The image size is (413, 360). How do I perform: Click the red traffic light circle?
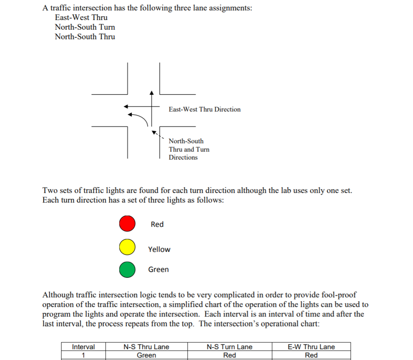pos(127,223)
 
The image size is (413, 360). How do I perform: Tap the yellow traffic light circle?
pos(127,247)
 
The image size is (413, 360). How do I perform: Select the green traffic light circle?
pos(127,270)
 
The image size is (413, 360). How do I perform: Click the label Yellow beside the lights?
pos(159,249)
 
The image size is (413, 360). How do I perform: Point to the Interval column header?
pos(83,347)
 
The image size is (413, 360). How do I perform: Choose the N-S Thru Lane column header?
pos(146,347)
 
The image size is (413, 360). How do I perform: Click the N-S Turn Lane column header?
pos(229,347)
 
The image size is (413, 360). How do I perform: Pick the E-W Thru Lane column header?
pos(311,347)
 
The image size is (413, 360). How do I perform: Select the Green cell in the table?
pos(146,355)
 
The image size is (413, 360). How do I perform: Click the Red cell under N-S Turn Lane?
pos(229,355)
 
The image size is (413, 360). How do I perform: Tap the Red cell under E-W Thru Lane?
pos(311,355)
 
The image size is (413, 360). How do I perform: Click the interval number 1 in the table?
pos(83,355)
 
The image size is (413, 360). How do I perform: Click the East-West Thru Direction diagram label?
pos(204,109)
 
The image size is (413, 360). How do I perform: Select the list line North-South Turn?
pos(85,27)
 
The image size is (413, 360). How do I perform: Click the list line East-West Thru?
pos(81,18)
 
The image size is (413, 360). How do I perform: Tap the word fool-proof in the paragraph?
pos(339,295)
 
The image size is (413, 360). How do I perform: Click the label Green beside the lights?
pos(158,269)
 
